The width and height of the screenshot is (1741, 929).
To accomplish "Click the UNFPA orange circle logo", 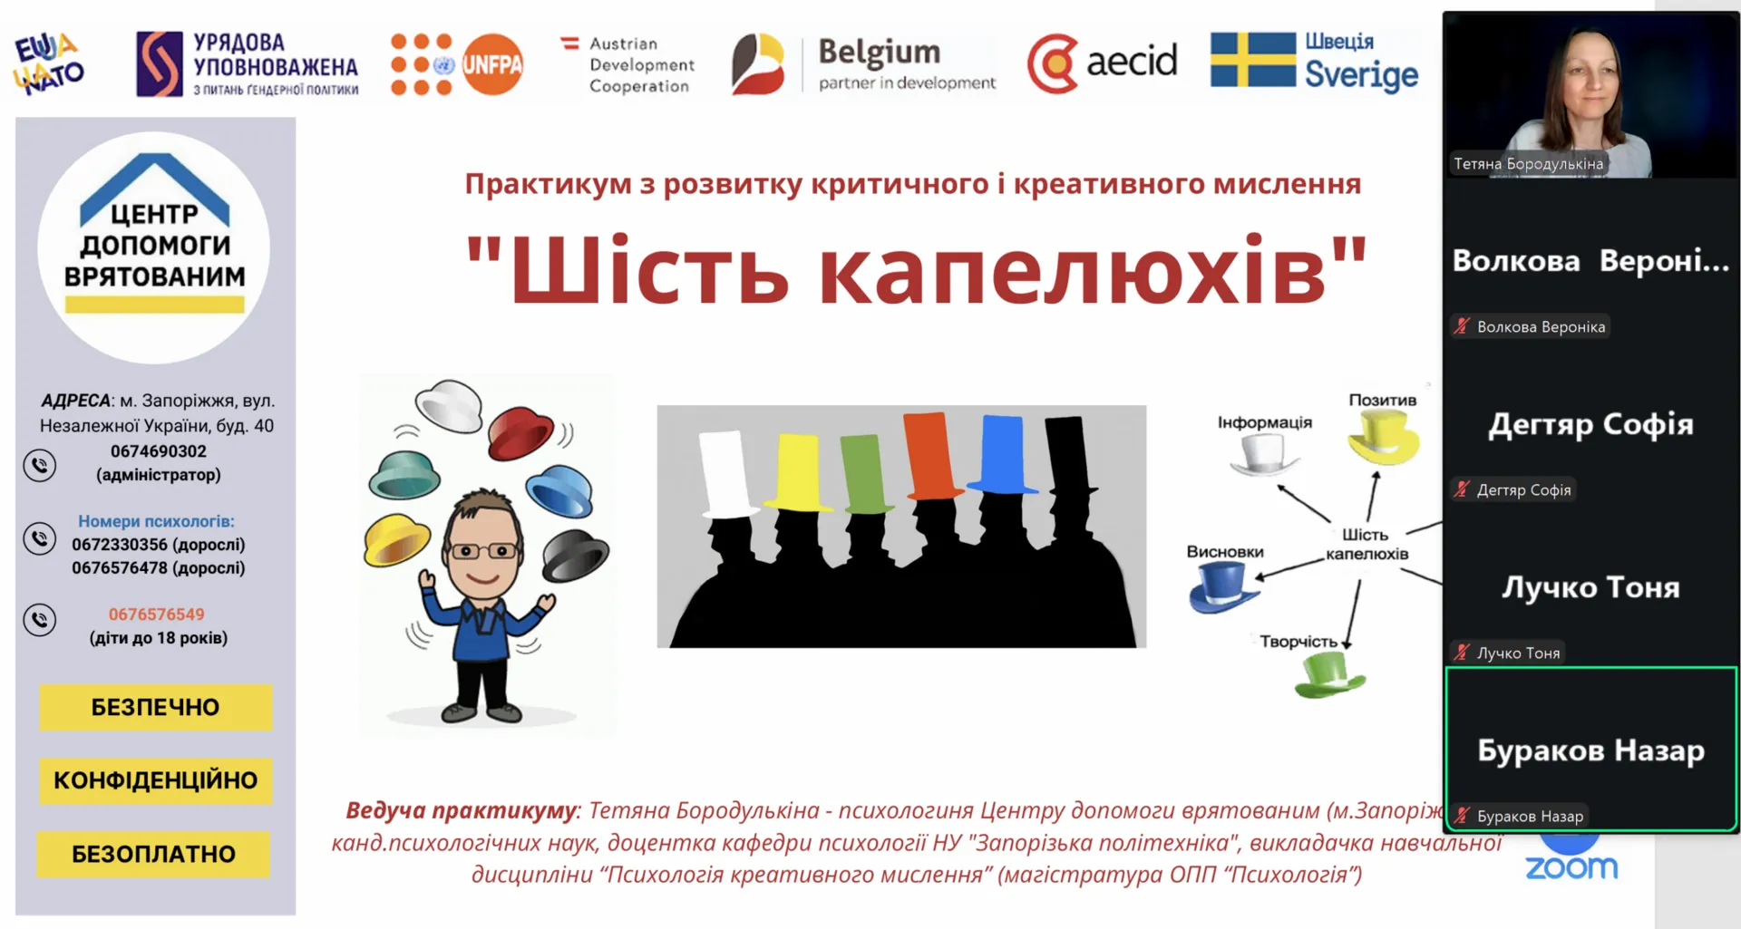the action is [x=492, y=64].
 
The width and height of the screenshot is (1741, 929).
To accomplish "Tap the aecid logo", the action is [x=1102, y=63].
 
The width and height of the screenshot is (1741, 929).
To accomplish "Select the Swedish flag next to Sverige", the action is [x=1253, y=60].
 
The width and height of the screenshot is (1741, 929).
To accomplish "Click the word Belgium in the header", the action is [x=880, y=53].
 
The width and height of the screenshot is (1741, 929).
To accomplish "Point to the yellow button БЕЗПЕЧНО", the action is [x=155, y=707].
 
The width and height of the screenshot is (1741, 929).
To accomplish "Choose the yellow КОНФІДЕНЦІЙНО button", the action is [x=155, y=780].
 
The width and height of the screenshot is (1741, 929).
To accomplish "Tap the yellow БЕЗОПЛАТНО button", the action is [x=153, y=854].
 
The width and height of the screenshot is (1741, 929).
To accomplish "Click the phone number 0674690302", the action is [x=159, y=451].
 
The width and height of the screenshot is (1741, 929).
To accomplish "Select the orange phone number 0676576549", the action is [x=157, y=614].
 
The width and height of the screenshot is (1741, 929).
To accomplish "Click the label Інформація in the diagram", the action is [x=1264, y=422].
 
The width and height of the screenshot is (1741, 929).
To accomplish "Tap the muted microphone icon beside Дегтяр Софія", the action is [x=1461, y=489].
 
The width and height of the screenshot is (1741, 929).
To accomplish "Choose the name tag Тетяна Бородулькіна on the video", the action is [x=1528, y=164].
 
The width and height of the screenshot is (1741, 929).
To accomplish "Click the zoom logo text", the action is [x=1571, y=868].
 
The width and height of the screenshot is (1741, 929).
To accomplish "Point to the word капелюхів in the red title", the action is [x=1073, y=271].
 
